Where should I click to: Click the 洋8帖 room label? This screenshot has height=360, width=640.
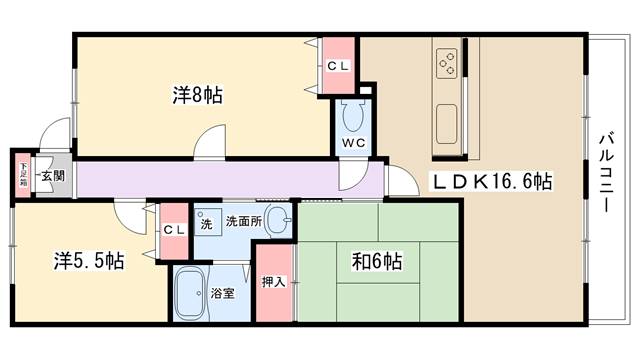[198, 96]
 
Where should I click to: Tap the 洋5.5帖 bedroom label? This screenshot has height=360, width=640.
[89, 260]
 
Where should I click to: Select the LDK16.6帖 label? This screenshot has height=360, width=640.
[492, 181]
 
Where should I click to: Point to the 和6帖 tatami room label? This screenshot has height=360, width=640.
[377, 261]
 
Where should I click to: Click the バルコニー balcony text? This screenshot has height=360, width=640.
[606, 172]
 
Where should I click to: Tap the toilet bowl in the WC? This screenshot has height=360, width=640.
[353, 116]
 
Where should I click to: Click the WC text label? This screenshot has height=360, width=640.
[353, 143]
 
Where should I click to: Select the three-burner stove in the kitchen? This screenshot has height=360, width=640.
[447, 63]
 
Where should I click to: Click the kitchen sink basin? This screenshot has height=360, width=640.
[447, 124]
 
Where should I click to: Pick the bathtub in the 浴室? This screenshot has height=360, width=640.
[190, 293]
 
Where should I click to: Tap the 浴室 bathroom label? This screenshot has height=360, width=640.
[223, 293]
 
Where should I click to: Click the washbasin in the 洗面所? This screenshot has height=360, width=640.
[278, 220]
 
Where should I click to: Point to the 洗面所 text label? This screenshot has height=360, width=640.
[244, 221]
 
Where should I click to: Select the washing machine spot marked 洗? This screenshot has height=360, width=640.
[207, 222]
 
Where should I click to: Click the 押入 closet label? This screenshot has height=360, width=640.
[273, 282]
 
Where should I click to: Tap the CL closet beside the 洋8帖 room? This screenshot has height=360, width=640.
[338, 66]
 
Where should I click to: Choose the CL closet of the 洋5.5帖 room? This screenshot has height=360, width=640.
[174, 231]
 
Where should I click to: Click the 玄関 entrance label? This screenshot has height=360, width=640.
[53, 176]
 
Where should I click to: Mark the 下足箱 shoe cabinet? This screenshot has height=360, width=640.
[23, 175]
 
